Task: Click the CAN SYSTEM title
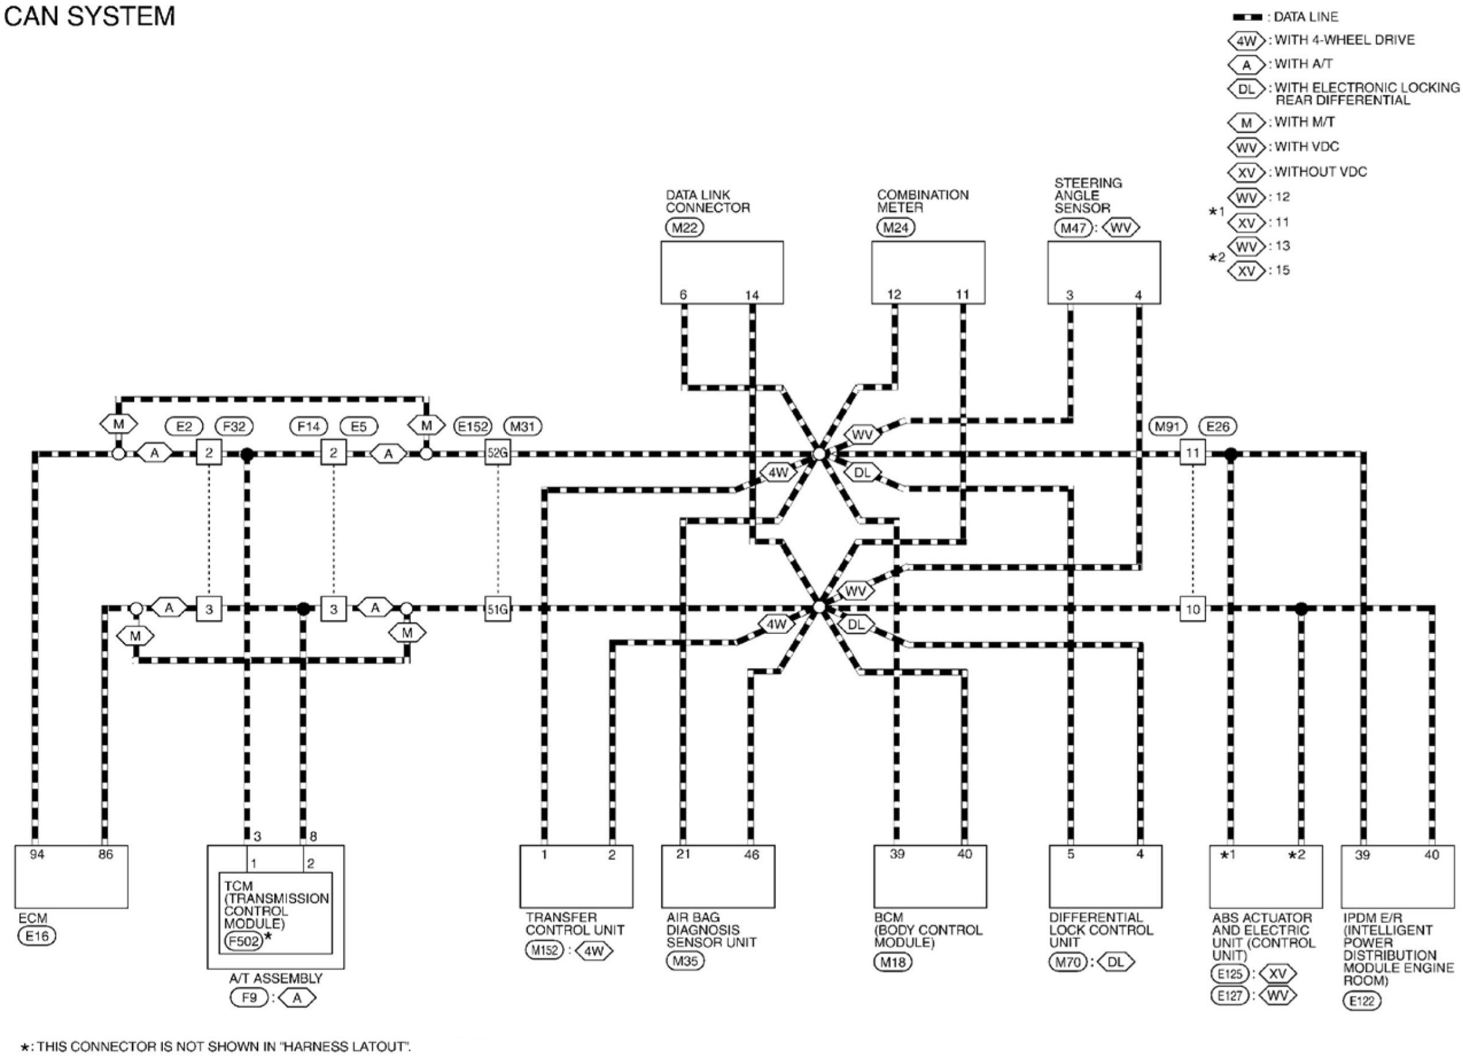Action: pos(89,16)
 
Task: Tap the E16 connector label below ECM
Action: pos(37,936)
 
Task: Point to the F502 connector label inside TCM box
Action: pos(243,941)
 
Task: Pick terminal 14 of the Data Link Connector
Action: pos(751,295)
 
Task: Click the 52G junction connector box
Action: pos(497,453)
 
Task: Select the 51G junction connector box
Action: pos(497,609)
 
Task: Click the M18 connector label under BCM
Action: pos(894,963)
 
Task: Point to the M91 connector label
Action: pos(1168,426)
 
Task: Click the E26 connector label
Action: pos(1217,426)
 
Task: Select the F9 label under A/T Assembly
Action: pos(249,997)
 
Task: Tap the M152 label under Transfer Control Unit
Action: pos(544,950)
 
